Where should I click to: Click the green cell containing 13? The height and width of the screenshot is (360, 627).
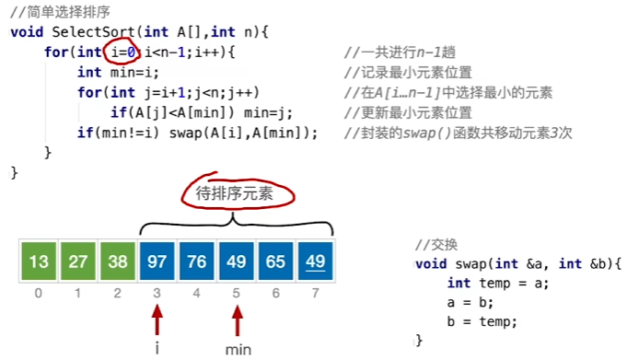click(38, 262)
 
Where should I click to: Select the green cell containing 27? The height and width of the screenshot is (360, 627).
click(77, 262)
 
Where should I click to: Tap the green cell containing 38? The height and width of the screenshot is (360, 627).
click(118, 262)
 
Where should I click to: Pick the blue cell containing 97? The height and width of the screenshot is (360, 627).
click(157, 262)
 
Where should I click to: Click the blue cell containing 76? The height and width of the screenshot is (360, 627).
click(197, 262)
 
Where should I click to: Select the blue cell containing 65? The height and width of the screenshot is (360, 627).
click(277, 262)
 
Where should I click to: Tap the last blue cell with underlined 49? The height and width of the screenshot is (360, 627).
click(317, 262)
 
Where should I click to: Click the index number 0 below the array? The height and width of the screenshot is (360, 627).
click(38, 294)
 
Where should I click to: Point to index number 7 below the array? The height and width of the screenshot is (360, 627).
click(317, 294)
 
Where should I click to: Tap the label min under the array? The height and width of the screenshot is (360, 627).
click(238, 350)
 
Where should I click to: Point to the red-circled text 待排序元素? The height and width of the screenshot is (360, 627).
click(235, 194)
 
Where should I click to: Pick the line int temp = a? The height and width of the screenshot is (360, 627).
click(498, 284)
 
